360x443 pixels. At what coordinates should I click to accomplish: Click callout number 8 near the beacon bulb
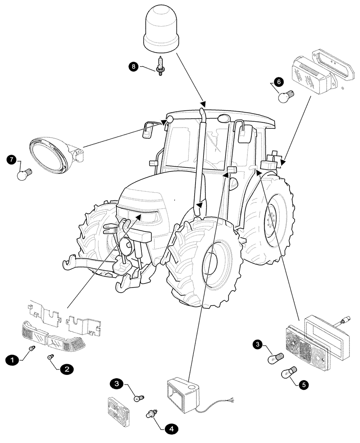[x=133, y=66]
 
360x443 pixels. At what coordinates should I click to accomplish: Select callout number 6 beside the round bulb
[x=278, y=82]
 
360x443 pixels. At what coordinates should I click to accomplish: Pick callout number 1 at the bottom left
[x=13, y=360]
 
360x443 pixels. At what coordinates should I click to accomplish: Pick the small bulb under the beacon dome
[x=160, y=65]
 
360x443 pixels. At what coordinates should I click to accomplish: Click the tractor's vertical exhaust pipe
[x=201, y=164]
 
